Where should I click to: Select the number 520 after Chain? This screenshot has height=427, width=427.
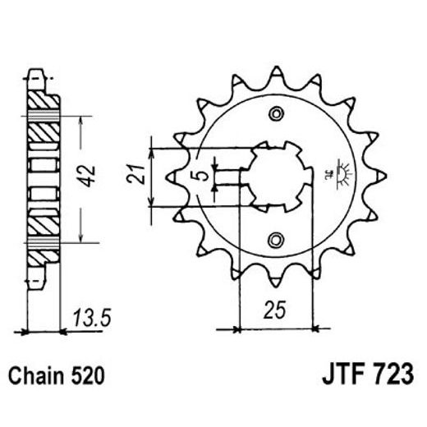click(88, 377)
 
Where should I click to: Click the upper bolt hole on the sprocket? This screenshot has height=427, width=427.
click(277, 114)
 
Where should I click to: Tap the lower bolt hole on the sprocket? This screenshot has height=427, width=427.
click(277, 240)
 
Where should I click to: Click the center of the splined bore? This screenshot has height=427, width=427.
click(277, 177)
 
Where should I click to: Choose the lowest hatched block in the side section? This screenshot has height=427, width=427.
click(44, 255)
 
